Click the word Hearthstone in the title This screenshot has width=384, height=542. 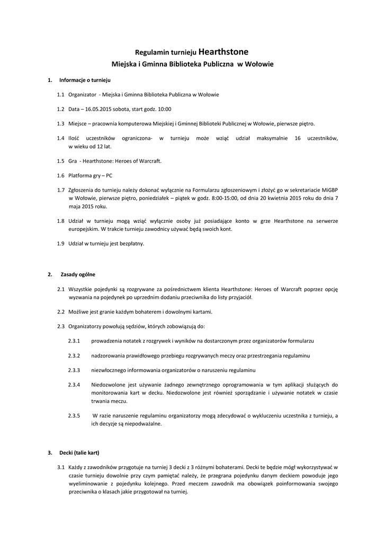coord(222,52)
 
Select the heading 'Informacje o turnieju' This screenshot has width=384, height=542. coord(84,80)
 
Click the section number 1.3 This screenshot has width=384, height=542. coord(60,123)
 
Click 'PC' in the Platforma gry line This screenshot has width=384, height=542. coord(109,175)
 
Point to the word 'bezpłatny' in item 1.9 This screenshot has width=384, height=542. coord(131,243)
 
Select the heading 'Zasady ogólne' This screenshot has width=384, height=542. coord(77,274)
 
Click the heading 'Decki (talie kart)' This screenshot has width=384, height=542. coord(79,453)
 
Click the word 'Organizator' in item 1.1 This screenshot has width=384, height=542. coord(82,94)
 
